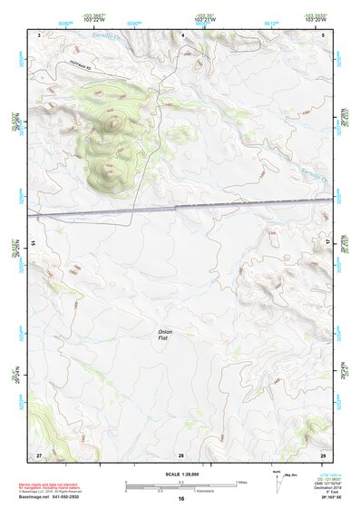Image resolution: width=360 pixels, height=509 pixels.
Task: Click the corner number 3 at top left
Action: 40,34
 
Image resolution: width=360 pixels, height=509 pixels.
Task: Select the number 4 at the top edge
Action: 183,34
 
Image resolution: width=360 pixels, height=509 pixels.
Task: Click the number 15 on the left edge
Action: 32,243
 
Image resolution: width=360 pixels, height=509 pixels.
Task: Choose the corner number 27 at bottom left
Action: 39,454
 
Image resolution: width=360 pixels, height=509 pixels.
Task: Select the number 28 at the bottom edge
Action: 181,454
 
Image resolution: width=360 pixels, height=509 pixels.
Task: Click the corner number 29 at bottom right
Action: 323,454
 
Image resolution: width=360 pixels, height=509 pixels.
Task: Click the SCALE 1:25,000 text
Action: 180,474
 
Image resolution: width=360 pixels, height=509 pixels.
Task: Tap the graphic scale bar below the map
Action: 180,484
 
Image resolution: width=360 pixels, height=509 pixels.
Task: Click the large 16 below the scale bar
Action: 181,499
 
